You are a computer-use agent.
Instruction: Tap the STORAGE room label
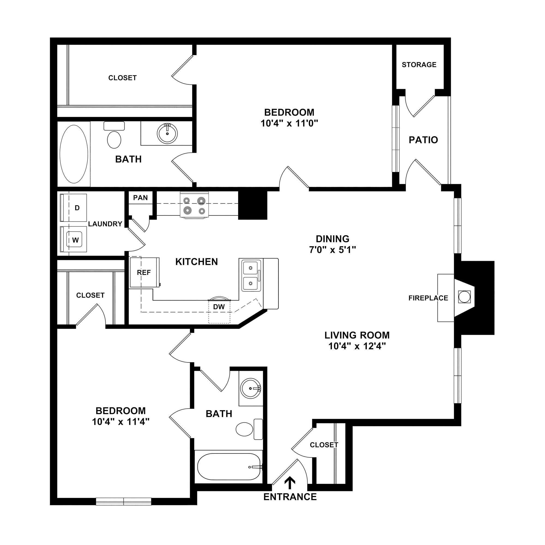[x=419, y=65]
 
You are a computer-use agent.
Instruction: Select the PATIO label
[x=423, y=140]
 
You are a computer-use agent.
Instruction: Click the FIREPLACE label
[x=428, y=298]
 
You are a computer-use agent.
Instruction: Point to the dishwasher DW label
[x=219, y=307]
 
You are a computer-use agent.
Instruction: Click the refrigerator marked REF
[x=144, y=272]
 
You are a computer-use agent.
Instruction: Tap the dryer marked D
[x=73, y=208]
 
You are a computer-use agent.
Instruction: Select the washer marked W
[x=73, y=240]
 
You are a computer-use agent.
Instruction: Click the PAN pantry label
[x=141, y=198]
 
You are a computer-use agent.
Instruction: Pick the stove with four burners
[x=194, y=205]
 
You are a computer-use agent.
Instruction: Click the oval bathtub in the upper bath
[x=74, y=154]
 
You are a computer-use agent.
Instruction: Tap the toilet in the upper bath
[x=114, y=135]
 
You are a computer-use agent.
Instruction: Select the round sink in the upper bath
[x=167, y=134]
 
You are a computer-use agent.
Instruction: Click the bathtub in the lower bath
[x=229, y=467]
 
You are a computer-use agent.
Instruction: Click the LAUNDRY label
[x=105, y=224]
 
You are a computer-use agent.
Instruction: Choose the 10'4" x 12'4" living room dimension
[x=357, y=346]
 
